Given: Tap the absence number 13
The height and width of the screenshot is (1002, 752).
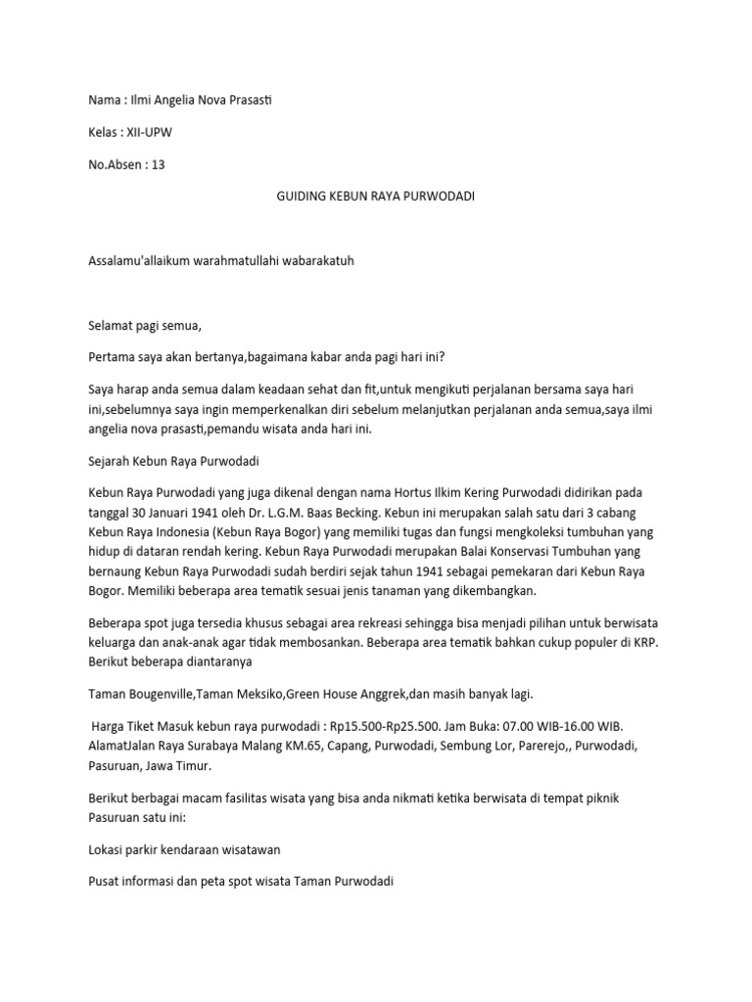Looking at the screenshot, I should pyautogui.click(x=157, y=164).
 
